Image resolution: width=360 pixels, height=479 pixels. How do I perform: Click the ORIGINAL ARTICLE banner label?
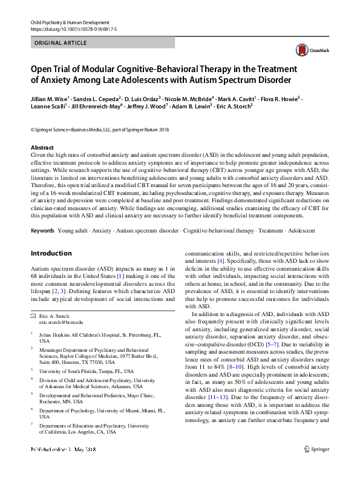[61, 43]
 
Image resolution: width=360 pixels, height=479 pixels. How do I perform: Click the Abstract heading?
[42, 148]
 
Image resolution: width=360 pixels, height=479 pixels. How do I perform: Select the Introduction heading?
[51, 253]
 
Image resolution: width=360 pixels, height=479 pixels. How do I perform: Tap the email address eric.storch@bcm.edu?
[61, 323]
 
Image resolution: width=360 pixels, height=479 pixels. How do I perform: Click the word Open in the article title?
[44, 68]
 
